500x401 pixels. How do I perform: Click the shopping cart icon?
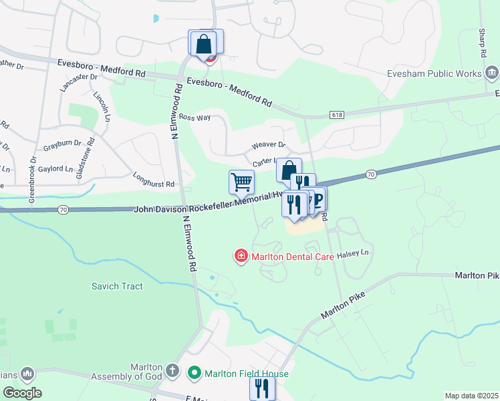[x=241, y=181]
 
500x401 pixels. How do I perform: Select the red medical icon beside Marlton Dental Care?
[x=240, y=256]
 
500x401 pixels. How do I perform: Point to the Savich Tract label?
[x=117, y=286]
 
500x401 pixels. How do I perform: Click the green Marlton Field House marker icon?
[x=195, y=373]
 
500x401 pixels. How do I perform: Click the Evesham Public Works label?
[x=437, y=72]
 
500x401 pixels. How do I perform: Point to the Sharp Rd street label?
[x=481, y=43]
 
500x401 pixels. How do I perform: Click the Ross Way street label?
[x=195, y=118]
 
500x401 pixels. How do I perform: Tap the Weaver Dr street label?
[x=268, y=145]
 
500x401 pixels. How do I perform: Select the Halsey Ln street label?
[x=354, y=254]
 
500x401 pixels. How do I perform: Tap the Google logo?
[x=21, y=392]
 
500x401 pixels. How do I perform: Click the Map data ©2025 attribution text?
[x=471, y=396]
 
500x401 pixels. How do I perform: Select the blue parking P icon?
[x=318, y=200]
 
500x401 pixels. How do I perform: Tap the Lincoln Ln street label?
[x=102, y=106]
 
